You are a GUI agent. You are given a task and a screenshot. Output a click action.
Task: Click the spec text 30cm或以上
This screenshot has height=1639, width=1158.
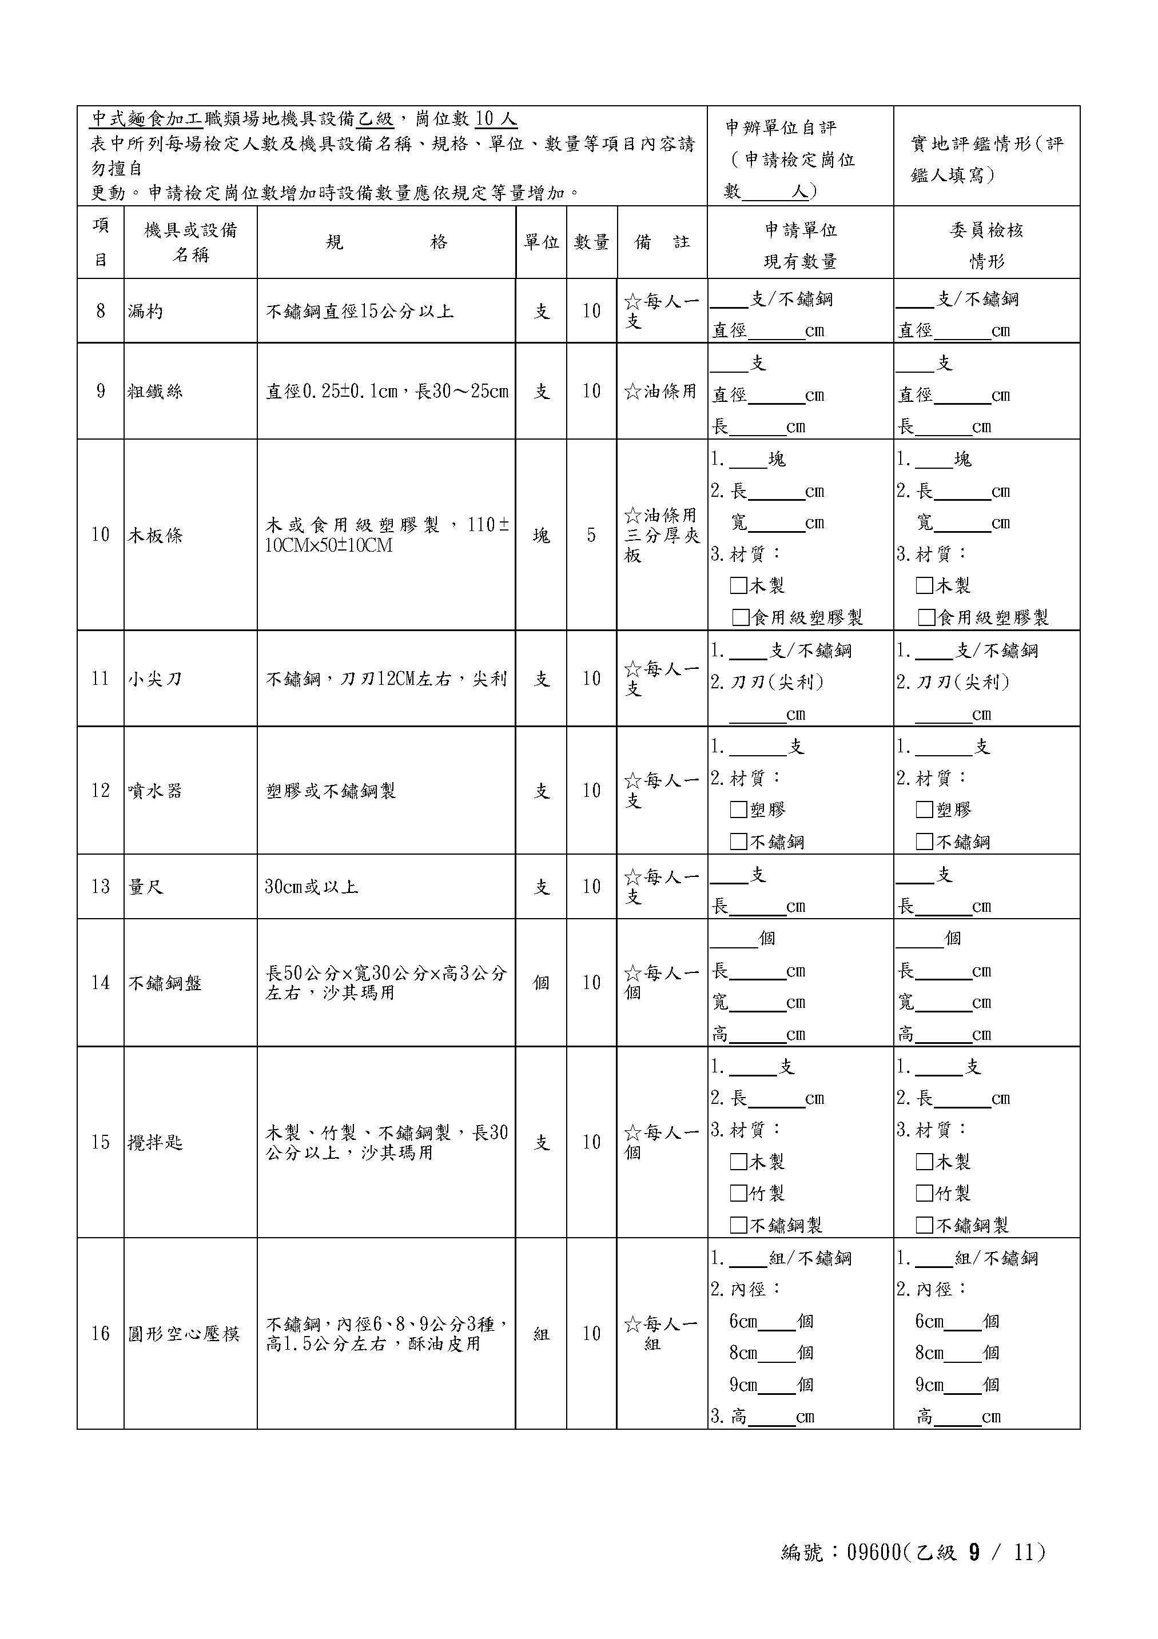(x=311, y=887)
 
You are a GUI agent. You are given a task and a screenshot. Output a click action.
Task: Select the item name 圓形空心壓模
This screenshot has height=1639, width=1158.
(x=184, y=1334)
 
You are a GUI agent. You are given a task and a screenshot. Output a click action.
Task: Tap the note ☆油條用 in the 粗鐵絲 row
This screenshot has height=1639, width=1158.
(x=660, y=391)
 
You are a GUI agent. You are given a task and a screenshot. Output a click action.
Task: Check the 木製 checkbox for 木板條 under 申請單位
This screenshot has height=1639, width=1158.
(x=739, y=586)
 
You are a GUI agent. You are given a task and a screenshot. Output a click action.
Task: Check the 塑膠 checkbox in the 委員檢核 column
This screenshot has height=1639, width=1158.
(x=925, y=809)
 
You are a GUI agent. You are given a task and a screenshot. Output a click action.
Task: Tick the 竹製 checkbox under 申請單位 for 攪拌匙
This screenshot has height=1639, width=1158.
(x=739, y=1193)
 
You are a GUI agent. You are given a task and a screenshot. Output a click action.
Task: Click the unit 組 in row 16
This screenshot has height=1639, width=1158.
(x=541, y=1334)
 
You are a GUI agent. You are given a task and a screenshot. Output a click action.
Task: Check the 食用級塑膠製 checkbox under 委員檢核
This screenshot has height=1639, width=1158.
(x=926, y=617)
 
